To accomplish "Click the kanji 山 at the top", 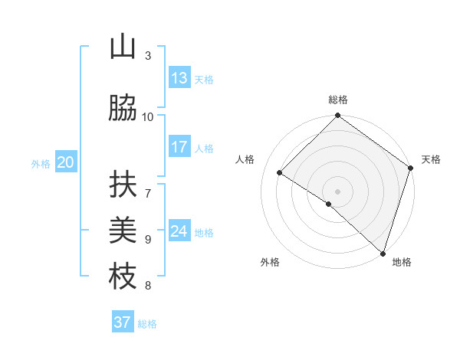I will [123, 47].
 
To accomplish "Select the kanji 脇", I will [123, 109].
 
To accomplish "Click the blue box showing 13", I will [179, 78].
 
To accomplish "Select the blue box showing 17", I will [179, 147].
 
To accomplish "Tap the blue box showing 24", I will [179, 231].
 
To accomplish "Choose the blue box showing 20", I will [66, 162].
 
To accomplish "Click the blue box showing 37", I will [123, 322].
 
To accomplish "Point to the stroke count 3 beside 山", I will [148, 55].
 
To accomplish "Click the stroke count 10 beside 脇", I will [148, 116].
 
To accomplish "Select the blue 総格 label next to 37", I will [147, 324].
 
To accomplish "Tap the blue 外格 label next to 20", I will [41, 163].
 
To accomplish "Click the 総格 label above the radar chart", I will [338, 100].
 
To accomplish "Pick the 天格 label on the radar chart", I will [431, 159].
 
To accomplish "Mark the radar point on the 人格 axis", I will [280, 173].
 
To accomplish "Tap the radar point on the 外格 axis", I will [329, 204].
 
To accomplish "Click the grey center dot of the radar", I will [337, 191].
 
